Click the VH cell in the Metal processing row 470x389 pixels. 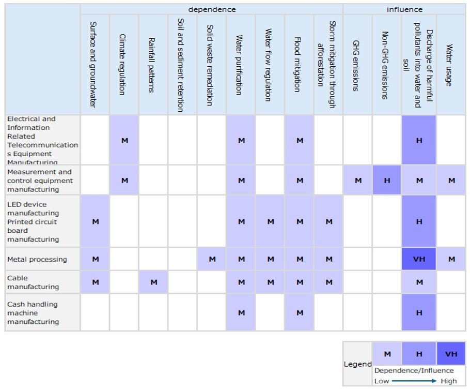click(x=419, y=259)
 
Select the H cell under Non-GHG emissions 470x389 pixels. click(x=386, y=180)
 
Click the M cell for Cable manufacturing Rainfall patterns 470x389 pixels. click(x=153, y=282)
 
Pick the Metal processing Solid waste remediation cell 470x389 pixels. click(x=212, y=259)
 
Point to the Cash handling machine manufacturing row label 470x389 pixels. click(x=33, y=313)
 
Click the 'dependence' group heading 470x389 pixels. click(x=212, y=9)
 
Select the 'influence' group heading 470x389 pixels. click(x=404, y=9)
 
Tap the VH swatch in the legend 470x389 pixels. click(x=451, y=354)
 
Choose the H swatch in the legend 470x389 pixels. click(x=419, y=354)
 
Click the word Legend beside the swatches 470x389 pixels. click(x=357, y=364)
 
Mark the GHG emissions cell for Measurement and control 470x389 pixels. click(x=358, y=180)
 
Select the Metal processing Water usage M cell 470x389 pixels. click(x=451, y=259)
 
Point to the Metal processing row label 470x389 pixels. click(x=37, y=259)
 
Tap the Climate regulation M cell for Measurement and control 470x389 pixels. click(x=124, y=180)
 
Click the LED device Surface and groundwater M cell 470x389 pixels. click(x=95, y=221)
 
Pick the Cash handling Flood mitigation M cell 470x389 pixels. click(x=300, y=312)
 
